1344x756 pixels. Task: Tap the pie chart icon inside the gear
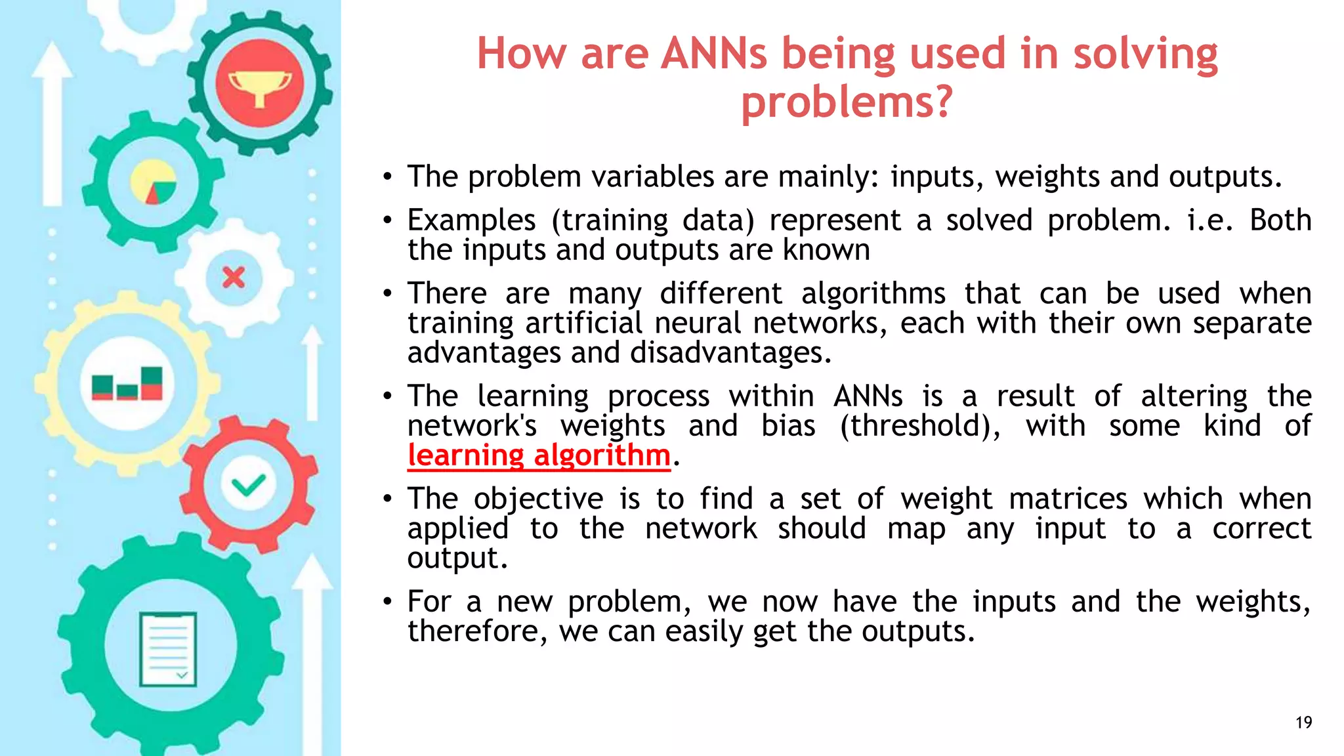point(154,182)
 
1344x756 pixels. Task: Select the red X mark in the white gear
point(234,278)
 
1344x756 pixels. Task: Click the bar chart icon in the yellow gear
point(127,385)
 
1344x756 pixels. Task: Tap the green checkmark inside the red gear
point(249,486)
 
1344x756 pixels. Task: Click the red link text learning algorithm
point(539,455)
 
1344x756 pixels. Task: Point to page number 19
point(1303,723)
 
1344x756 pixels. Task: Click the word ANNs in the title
point(713,54)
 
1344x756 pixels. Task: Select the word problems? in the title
point(847,103)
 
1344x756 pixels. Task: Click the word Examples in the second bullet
point(471,220)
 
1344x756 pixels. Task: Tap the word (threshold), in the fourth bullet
point(920,426)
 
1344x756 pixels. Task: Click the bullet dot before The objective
point(388,499)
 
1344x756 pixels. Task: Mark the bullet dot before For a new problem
point(388,602)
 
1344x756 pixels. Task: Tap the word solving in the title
point(1145,54)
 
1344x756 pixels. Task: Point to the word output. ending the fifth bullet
point(457,558)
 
